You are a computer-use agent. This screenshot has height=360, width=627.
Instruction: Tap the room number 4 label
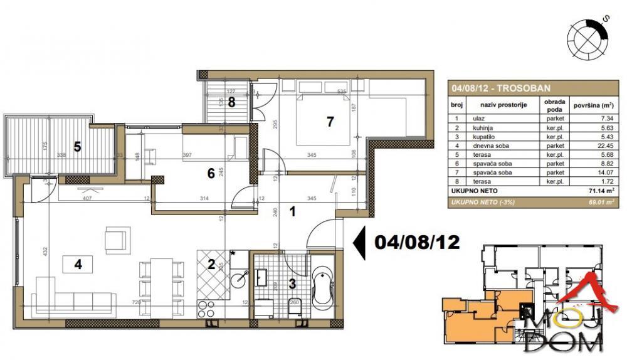point(78,264)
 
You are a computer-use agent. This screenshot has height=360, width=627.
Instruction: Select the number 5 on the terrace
point(78,147)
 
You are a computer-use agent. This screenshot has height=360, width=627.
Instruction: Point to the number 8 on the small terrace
point(231,102)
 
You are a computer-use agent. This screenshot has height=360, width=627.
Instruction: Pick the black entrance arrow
point(360,243)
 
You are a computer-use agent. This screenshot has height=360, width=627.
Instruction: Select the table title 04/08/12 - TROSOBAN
point(500,88)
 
